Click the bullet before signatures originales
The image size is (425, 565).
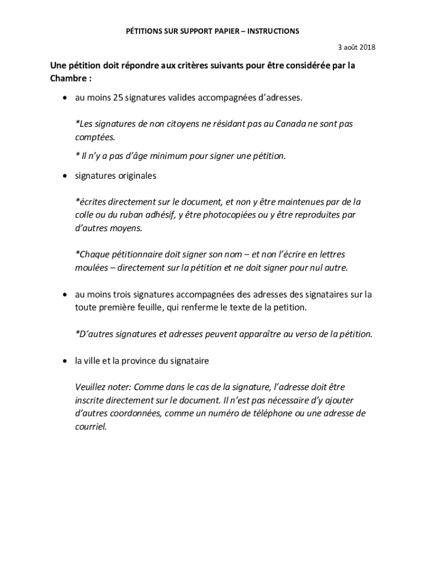(65, 176)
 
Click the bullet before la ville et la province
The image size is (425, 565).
(65, 360)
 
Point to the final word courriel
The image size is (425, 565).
(90, 427)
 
